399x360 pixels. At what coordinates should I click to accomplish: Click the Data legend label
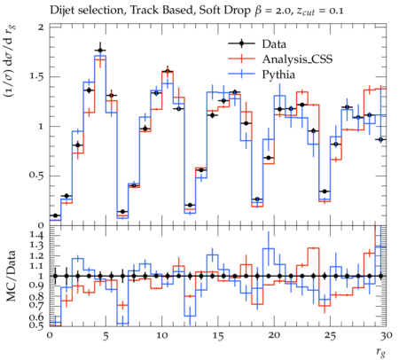[274, 44]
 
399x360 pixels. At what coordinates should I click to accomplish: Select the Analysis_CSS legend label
[297, 59]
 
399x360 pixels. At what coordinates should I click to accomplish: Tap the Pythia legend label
[278, 74]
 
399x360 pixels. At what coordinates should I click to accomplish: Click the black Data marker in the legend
[241, 43]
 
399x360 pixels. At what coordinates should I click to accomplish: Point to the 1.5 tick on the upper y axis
[37, 77]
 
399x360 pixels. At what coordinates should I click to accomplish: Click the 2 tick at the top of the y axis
[41, 27]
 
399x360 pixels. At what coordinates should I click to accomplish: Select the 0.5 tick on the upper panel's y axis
[36, 176]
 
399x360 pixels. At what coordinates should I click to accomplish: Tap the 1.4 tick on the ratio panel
[36, 236]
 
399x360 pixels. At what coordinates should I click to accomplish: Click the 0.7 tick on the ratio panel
[36, 305]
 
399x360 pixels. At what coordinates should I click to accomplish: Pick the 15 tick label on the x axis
[218, 336]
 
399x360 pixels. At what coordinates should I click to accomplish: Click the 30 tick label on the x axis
[386, 336]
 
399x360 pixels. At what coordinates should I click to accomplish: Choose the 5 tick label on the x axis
[106, 336]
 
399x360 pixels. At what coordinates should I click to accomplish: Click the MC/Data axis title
[11, 276]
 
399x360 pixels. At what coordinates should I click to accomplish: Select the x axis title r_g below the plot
[381, 352]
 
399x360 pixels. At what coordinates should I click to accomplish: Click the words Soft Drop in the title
[224, 11]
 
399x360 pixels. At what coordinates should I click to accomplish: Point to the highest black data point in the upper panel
[100, 51]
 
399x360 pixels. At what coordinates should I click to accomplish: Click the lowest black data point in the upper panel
[55, 215]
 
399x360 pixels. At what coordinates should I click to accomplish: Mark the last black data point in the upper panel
[380, 139]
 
